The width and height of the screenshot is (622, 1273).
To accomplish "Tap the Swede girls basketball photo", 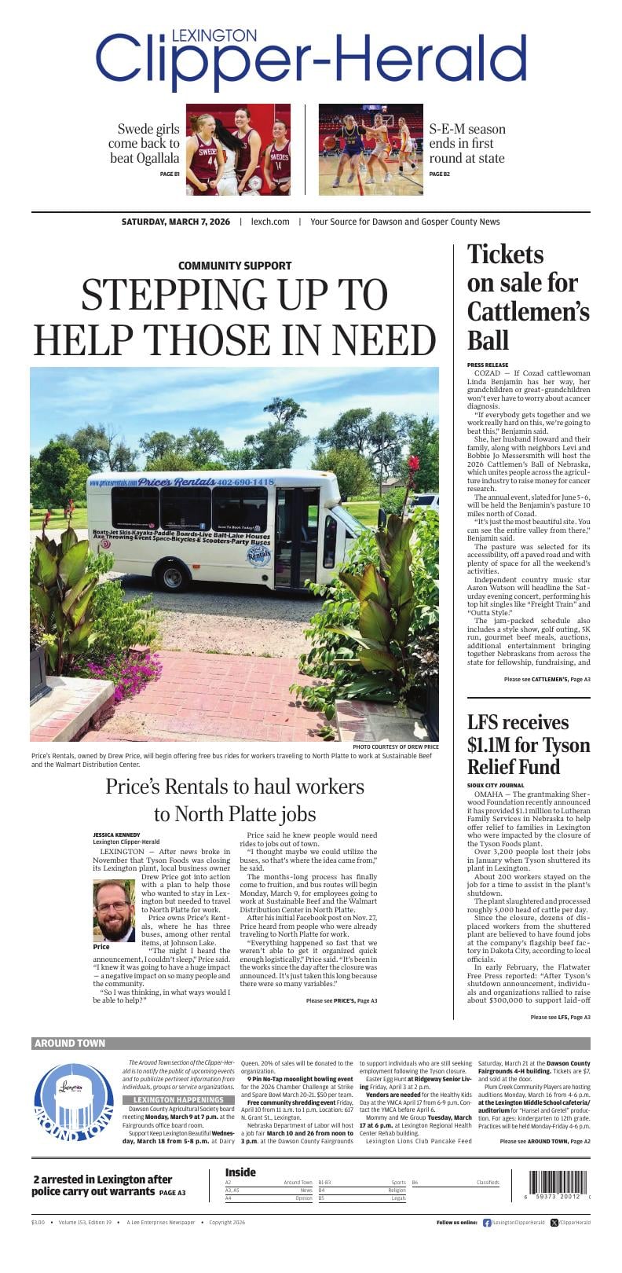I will (x=238, y=149).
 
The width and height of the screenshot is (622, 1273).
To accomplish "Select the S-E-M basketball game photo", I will (x=370, y=149).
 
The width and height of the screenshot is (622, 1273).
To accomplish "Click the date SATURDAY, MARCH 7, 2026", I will (x=176, y=222).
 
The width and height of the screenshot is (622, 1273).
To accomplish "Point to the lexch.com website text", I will (x=270, y=222).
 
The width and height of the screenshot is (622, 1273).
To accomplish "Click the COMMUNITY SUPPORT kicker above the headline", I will (x=235, y=266).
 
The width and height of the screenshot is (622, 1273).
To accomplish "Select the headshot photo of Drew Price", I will (x=114, y=911).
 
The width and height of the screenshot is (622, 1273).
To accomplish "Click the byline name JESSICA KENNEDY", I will (x=116, y=835).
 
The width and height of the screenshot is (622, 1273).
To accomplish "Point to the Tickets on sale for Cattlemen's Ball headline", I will (x=528, y=297).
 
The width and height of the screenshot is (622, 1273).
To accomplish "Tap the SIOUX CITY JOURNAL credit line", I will (x=496, y=785).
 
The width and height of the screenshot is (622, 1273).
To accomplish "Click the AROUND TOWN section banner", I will (x=70, y=1044).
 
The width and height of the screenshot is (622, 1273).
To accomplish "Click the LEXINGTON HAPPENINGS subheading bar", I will (x=178, y=1099).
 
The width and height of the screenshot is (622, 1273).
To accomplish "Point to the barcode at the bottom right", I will (x=558, y=1183).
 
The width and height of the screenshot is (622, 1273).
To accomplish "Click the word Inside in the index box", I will (x=240, y=1172).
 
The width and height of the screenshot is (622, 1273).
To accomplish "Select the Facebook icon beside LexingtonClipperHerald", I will (x=487, y=1223).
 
